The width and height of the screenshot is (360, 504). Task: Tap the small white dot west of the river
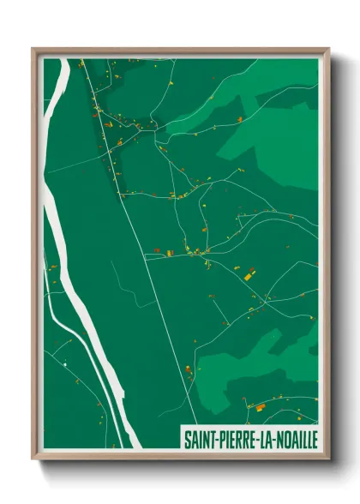tap(65, 364)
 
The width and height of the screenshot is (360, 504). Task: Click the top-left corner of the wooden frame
tap(33, 49)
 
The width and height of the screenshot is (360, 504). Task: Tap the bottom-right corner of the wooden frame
tap(329, 460)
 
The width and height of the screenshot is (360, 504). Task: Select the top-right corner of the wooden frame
tap(329, 49)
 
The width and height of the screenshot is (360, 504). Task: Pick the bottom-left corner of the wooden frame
tap(33, 460)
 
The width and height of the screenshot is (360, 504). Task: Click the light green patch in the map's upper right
tap(274, 137)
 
